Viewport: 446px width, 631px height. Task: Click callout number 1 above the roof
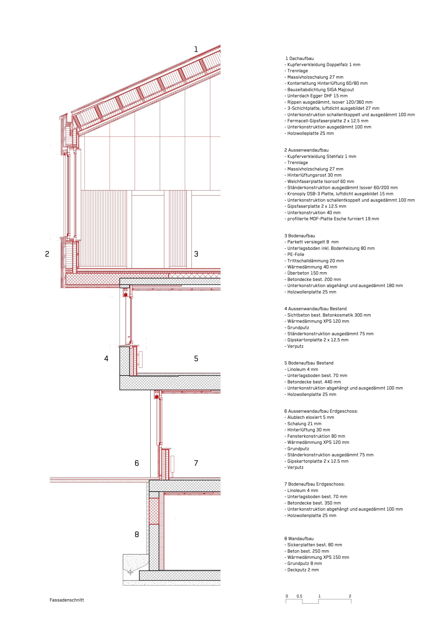(196, 50)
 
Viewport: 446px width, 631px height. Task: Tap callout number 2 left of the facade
(47, 254)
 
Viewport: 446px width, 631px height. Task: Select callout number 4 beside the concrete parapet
(106, 358)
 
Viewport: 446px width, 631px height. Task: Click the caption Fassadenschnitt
(67, 600)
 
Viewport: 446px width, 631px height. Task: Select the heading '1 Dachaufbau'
(300, 58)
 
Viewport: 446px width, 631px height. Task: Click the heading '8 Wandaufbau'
(299, 539)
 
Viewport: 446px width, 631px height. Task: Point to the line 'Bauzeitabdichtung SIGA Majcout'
(320, 90)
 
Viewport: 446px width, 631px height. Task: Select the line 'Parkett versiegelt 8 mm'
(313, 242)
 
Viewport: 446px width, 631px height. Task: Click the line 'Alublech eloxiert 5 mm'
(310, 417)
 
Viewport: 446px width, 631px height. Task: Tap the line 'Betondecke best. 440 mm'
(314, 382)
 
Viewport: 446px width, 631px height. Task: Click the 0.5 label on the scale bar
(299, 596)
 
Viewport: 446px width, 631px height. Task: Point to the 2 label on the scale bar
(350, 596)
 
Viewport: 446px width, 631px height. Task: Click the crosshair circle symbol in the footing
(131, 572)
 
